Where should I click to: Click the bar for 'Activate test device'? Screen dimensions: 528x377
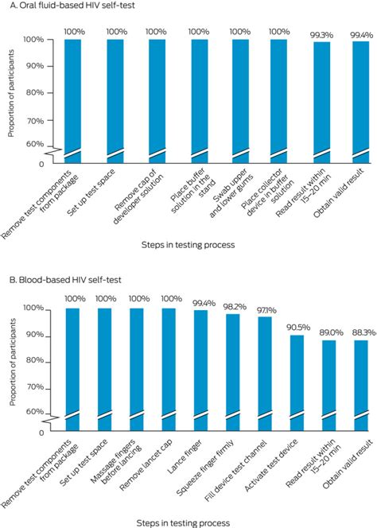pyautogui.click(x=297, y=382)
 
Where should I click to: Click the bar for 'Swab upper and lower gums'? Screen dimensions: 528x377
pyautogui.click(x=239, y=95)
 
